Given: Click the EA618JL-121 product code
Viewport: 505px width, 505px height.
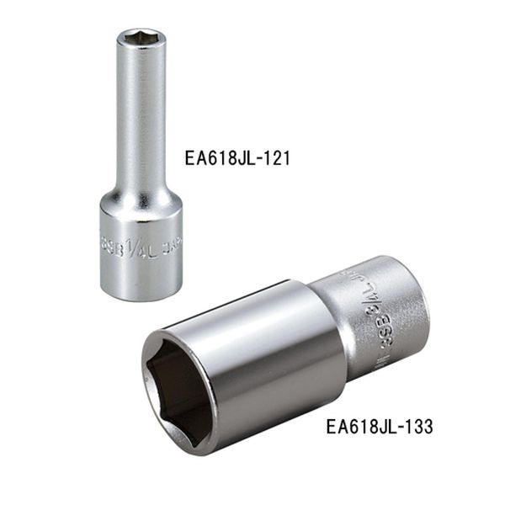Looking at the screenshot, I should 237,158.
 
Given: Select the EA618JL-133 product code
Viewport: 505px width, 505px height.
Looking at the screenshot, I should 379,427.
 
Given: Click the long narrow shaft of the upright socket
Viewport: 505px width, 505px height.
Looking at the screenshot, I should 137,118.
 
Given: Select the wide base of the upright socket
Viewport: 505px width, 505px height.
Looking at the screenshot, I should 141,252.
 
